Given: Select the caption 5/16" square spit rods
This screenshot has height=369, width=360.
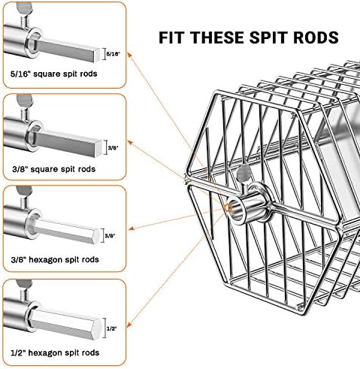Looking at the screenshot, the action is [x=54, y=74].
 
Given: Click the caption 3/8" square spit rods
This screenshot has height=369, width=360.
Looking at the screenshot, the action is [x=54, y=169].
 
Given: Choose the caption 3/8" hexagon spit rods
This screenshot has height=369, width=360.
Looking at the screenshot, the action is [x=55, y=259].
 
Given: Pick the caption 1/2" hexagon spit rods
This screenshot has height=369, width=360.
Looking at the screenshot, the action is [x=55, y=352].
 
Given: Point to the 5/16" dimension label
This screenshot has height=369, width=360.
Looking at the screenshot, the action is [x=113, y=53].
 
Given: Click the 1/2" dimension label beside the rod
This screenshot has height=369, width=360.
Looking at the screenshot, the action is [x=112, y=328].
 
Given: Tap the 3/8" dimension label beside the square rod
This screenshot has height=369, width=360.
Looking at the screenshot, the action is [x=113, y=147].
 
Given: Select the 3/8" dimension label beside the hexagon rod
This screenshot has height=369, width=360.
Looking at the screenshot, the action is [x=110, y=235].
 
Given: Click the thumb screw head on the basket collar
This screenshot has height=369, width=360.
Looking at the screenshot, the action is [x=244, y=173].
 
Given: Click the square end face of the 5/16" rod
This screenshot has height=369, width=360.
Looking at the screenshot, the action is [x=98, y=56].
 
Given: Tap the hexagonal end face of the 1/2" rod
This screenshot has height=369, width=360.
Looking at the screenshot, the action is [x=97, y=328].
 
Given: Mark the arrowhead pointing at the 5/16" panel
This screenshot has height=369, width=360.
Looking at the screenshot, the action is [x=129, y=55].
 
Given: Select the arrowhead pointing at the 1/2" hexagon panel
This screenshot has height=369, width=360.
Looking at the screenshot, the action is [x=129, y=325].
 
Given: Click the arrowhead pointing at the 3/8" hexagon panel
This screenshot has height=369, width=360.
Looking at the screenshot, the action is [x=132, y=228].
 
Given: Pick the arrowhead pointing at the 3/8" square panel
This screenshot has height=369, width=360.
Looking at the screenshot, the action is [x=130, y=143].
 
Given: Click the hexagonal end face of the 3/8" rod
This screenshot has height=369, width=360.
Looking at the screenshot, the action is [x=96, y=236].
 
